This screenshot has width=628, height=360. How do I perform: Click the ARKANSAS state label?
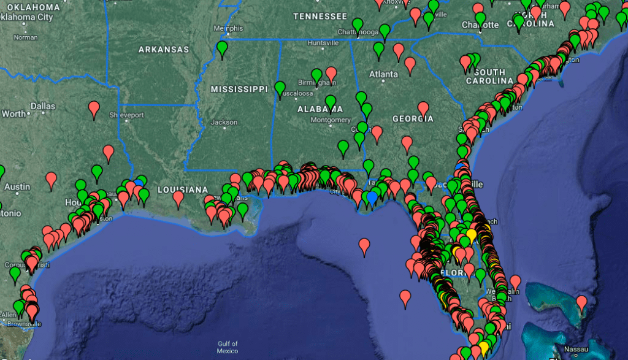(x=163, y=49)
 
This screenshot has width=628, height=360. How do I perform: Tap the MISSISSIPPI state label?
(x=239, y=89)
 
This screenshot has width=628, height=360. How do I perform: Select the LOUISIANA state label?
(x=183, y=190)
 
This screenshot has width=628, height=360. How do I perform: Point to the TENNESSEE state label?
(x=320, y=16)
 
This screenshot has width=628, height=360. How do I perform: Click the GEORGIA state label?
(x=413, y=118)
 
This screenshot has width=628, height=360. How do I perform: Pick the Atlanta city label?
(x=383, y=74)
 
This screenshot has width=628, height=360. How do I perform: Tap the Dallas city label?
(x=43, y=106)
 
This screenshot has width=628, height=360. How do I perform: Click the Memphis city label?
(x=228, y=28)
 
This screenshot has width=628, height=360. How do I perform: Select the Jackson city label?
(x=224, y=122)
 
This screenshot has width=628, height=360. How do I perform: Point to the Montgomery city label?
(x=331, y=120)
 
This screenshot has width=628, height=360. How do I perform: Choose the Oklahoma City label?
(x=28, y=17)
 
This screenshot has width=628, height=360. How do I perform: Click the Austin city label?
(x=17, y=186)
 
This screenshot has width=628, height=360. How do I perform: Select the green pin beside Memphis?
(x=222, y=48)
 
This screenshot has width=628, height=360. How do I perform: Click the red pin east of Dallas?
(x=94, y=109)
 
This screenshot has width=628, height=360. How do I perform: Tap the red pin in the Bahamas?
(x=581, y=301)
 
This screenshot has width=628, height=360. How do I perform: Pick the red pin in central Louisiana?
(x=178, y=197)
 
